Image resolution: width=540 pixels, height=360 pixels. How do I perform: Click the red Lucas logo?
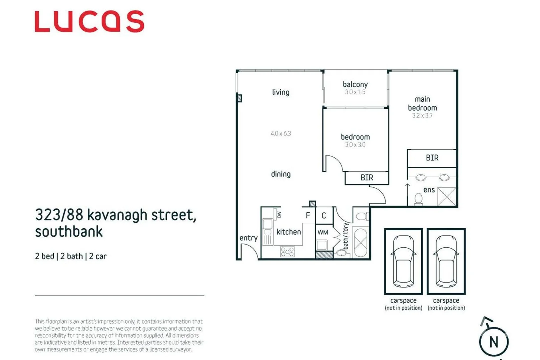[89, 21]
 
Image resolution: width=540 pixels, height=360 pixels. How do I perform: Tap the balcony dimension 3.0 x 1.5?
[355, 92]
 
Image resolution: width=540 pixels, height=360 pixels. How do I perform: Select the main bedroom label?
[422, 104]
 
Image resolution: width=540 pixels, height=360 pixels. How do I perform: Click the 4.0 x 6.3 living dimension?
[281, 134]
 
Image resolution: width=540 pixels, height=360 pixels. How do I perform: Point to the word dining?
[281, 174]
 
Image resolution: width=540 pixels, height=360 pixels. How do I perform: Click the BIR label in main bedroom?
[432, 158]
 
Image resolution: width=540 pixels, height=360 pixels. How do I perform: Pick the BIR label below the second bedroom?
[367, 178]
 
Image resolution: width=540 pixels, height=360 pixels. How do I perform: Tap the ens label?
[429, 190]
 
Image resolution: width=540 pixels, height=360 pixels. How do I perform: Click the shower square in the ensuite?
[447, 197]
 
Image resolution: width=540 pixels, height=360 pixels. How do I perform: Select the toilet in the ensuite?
[418, 199]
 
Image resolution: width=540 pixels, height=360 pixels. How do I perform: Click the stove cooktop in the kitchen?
[287, 251]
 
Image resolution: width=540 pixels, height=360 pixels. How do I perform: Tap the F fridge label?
[308, 216]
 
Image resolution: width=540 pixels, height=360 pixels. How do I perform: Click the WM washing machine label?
[323, 232]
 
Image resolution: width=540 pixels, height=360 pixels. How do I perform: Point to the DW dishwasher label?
[279, 214]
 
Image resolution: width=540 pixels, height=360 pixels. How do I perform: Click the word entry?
[248, 238]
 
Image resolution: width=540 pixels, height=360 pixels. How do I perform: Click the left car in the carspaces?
[404, 261]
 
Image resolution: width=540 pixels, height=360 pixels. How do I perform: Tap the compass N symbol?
[494, 342]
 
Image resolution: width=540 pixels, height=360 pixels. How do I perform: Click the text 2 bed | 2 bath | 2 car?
[71, 256]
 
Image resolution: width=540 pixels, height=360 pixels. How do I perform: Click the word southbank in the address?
[69, 232]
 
